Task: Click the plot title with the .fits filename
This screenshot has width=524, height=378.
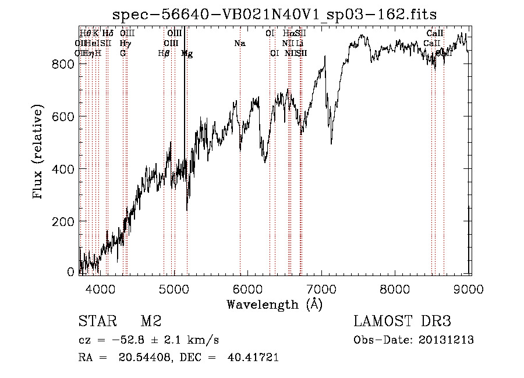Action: click(274, 14)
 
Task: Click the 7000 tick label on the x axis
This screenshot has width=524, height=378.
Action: click(323, 288)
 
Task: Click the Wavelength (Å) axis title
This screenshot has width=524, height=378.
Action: click(274, 304)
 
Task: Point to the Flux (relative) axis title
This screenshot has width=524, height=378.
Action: click(39, 153)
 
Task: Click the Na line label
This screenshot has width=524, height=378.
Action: click(240, 43)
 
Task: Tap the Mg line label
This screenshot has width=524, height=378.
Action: click(187, 53)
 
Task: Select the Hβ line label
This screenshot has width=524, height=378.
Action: click(164, 53)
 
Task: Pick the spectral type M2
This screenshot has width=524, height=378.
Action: click(151, 322)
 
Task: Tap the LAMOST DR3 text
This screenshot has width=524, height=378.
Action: click(402, 322)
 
